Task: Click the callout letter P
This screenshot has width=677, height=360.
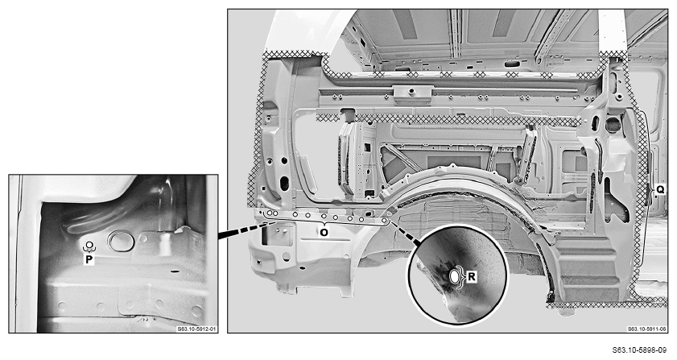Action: [89, 259]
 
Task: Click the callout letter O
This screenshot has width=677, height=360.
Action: [324, 232]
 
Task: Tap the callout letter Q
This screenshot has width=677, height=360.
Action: [660, 189]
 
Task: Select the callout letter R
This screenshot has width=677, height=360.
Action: [472, 276]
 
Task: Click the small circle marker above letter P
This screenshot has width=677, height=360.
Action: [89, 246]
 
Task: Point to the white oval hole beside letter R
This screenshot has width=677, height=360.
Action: [456, 277]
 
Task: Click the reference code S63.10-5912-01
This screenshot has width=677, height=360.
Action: [197, 329]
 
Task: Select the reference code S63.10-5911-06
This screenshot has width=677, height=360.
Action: [646, 329]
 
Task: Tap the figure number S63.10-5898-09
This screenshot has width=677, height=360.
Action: [644, 350]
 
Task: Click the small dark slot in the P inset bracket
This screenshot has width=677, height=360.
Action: [175, 271]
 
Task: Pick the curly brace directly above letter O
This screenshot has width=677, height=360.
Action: [324, 223]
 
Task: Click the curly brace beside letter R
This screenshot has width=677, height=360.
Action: [464, 276]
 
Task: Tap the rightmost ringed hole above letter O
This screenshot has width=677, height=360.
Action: [383, 221]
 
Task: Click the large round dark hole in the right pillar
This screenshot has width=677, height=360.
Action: [613, 125]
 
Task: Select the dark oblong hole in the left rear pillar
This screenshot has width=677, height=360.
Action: [284, 184]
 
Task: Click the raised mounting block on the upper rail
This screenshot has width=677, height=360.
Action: [412, 93]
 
